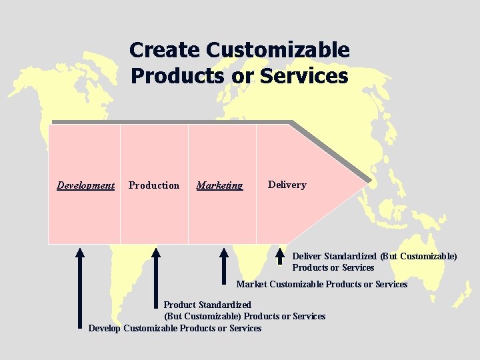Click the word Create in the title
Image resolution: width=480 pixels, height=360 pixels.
coord(165,50)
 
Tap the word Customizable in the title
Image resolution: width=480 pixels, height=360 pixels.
coord(278,50)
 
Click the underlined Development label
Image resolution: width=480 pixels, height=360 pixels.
coord(85,185)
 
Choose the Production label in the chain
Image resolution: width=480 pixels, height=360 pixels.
coord(154,185)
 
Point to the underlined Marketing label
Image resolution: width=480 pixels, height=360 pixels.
coord(219,185)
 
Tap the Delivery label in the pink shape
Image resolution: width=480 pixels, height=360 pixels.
coord(287,185)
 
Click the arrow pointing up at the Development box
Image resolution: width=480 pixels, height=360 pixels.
coord(80,287)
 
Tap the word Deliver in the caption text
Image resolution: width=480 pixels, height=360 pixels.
coord(307,256)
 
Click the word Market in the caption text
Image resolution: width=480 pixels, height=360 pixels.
coord(251,284)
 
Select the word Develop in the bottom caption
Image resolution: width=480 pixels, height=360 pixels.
coord(105,328)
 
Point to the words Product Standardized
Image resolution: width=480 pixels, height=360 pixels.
coord(207,305)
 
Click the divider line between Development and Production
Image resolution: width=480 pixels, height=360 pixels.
coord(120,183)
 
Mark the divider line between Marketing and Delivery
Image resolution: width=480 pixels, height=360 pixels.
coord(257,183)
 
